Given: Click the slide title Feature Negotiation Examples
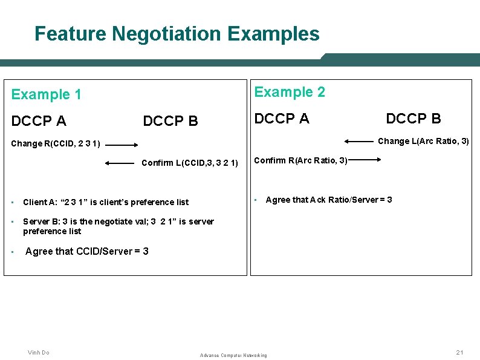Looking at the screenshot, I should (177, 33).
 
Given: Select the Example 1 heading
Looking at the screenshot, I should (47, 94).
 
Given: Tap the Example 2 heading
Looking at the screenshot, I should (290, 92).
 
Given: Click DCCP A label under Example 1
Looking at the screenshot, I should (39, 121).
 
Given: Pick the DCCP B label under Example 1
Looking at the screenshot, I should (170, 121).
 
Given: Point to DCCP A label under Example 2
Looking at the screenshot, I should (282, 119).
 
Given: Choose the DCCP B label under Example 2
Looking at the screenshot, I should (413, 119).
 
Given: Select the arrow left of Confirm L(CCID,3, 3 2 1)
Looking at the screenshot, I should (119, 163).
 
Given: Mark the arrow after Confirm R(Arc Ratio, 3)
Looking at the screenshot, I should (364, 160).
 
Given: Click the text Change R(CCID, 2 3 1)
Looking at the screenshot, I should (56, 145).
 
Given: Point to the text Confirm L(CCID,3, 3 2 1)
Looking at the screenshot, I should (189, 163).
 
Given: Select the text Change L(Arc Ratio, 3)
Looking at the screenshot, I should (423, 142).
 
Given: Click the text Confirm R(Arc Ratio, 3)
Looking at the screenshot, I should (300, 160).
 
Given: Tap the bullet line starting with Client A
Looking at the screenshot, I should (106, 202).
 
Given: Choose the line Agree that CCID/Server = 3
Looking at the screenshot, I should (87, 251).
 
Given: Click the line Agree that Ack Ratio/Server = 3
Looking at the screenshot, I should (328, 200).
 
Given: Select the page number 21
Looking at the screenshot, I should (459, 353).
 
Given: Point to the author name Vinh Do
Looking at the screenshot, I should (39, 353).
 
